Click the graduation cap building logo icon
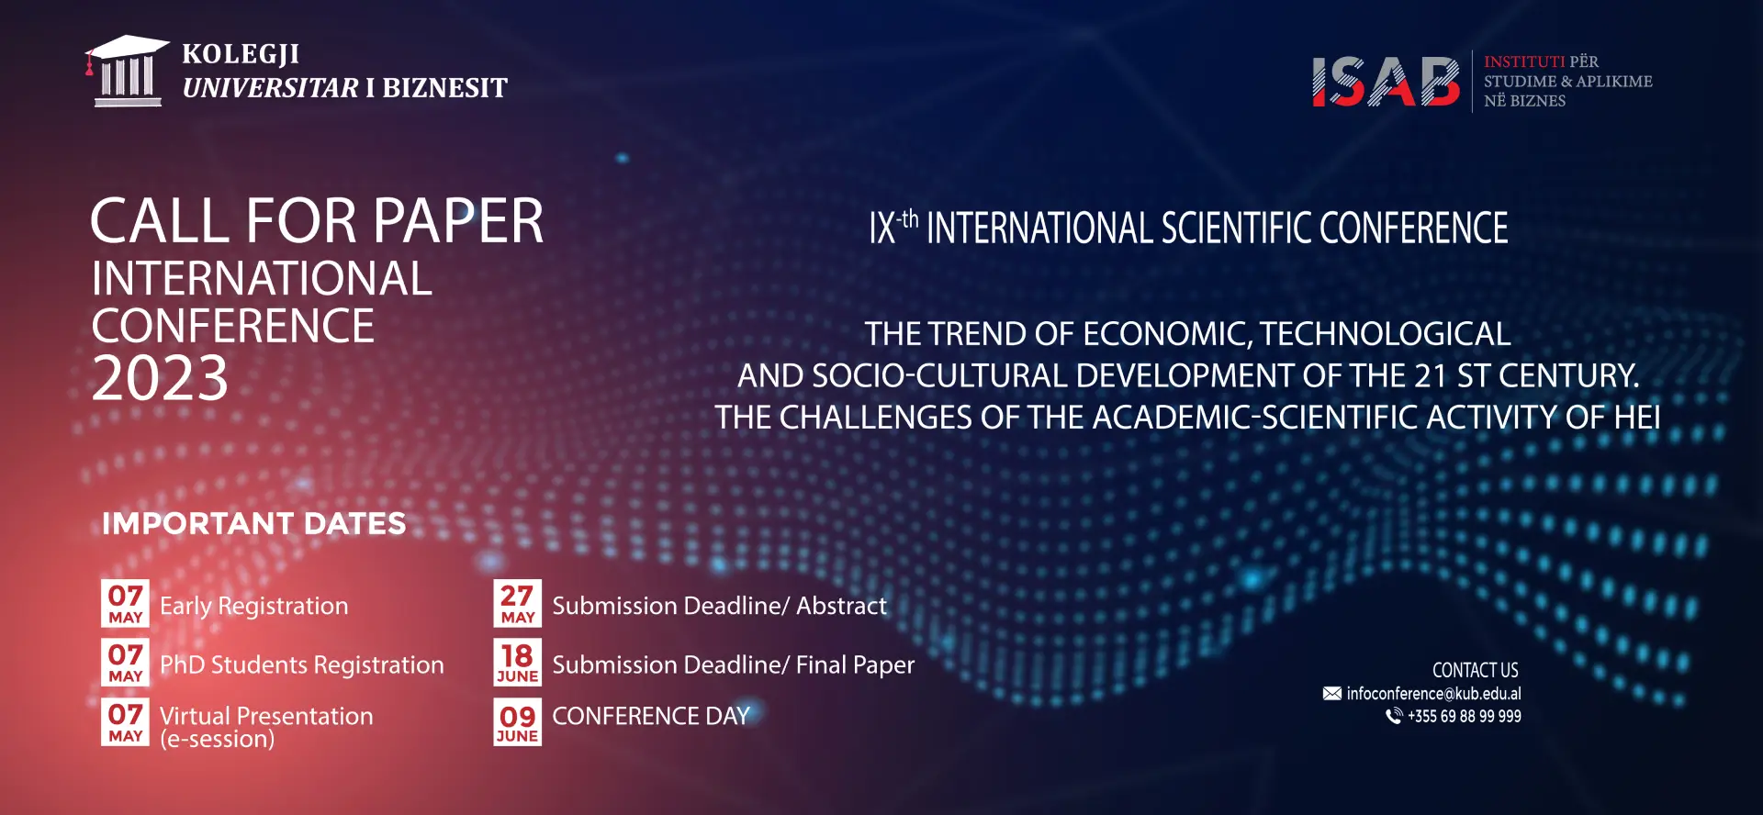coord(127,71)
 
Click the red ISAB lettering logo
coord(1386,83)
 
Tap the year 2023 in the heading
coord(160,378)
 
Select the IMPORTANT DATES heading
coord(253,524)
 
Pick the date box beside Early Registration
coord(126,604)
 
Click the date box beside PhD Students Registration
coord(126,663)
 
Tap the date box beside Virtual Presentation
coord(126,722)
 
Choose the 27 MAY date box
coord(518,604)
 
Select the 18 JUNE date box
coord(518,663)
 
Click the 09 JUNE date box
coord(518,722)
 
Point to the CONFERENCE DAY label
coord(651,716)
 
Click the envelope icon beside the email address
coord(1331,694)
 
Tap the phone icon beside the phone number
coord(1394,716)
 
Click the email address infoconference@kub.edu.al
coord(1433,694)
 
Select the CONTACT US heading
coord(1476,670)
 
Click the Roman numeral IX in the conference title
coord(882,229)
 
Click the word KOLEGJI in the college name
coord(241,54)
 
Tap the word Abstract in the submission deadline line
coord(841,606)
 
